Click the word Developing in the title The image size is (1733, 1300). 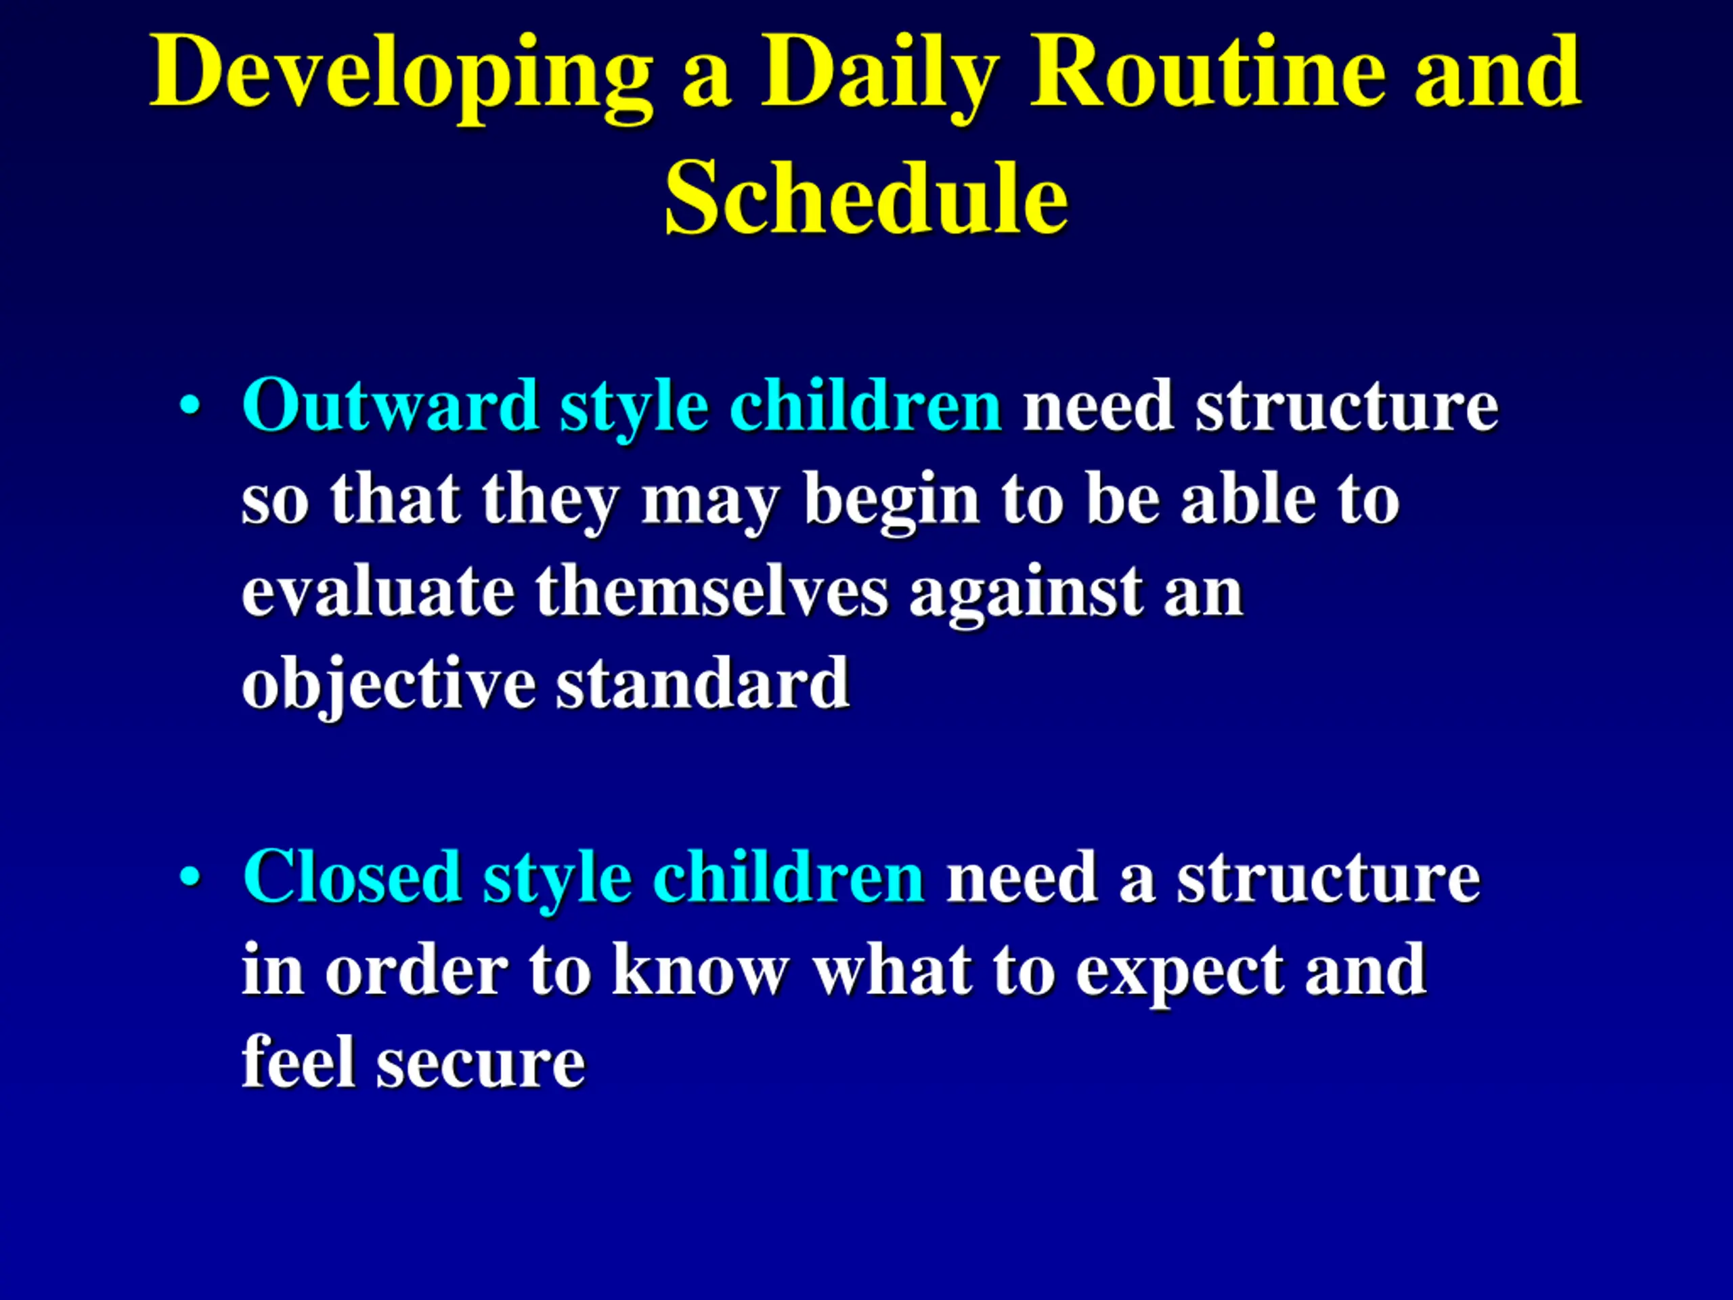(401, 77)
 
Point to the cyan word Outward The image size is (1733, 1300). (389, 405)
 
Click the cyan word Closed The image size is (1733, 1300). (351, 877)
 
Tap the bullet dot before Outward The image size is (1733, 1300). (190, 406)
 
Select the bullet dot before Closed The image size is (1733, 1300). (190, 877)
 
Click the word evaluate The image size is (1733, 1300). (378, 591)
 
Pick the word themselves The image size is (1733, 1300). (711, 591)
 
